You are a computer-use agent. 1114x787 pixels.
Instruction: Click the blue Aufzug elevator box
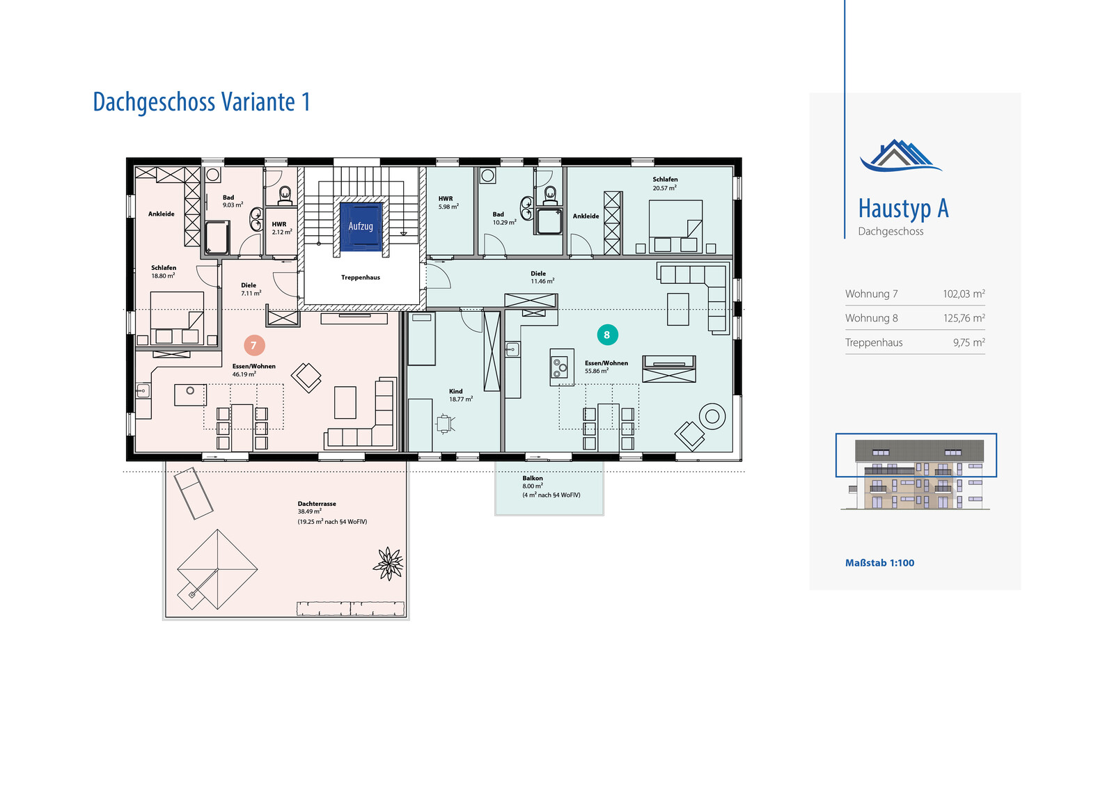coord(361,226)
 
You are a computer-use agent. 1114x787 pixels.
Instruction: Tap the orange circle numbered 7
coord(254,346)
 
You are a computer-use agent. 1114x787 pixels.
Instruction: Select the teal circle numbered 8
coord(607,335)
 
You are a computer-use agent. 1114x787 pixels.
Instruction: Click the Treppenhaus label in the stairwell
coord(361,278)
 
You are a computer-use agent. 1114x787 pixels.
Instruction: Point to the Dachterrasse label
coord(317,504)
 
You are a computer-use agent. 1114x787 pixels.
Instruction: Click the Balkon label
coord(533,478)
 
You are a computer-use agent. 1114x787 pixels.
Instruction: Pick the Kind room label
coord(455,391)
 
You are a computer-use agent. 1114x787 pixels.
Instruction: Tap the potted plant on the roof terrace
coord(389,564)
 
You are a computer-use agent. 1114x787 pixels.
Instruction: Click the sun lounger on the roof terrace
coord(194,493)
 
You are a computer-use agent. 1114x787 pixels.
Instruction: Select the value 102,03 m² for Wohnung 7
coord(964,294)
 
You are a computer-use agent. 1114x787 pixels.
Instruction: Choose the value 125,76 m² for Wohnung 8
coord(964,318)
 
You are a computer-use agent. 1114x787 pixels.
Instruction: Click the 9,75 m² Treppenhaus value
coord(968,342)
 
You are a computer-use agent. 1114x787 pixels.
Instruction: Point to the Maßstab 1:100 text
coord(880,563)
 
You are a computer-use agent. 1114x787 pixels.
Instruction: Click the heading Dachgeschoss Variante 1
coord(202,102)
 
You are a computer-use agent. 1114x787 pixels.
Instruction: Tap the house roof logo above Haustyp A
coord(900,156)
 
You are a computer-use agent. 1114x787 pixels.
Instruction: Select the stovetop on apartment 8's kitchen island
coord(560,368)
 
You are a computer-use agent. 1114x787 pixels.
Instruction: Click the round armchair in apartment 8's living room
coord(712,417)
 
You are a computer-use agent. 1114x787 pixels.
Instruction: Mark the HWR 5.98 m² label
coord(448,202)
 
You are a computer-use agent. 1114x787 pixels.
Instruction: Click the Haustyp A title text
coord(904,209)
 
